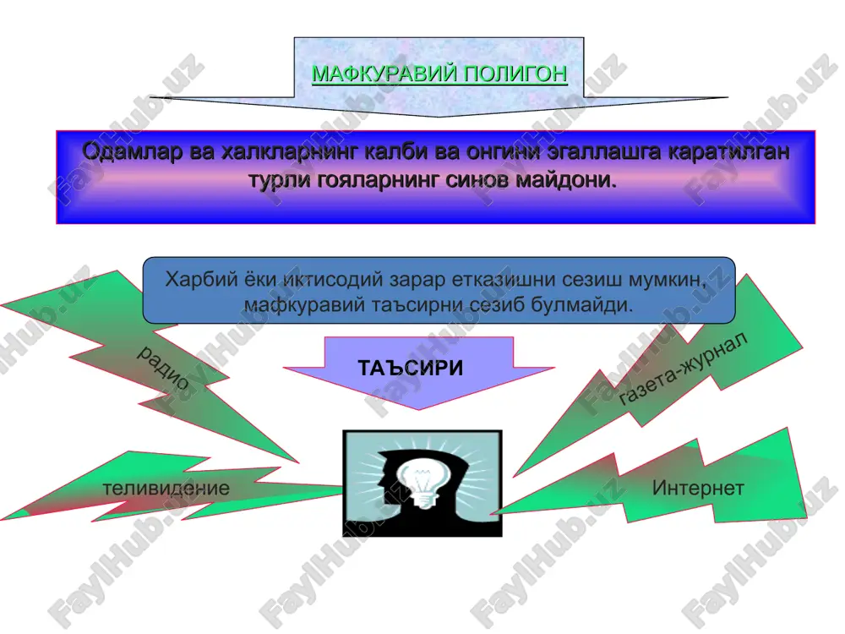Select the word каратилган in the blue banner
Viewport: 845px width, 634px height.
tap(729, 152)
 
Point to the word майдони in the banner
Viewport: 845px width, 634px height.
tap(566, 179)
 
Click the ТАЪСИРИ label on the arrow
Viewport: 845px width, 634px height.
tap(410, 369)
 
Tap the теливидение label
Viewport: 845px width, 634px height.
tap(166, 489)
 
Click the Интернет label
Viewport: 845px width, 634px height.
tap(698, 488)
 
